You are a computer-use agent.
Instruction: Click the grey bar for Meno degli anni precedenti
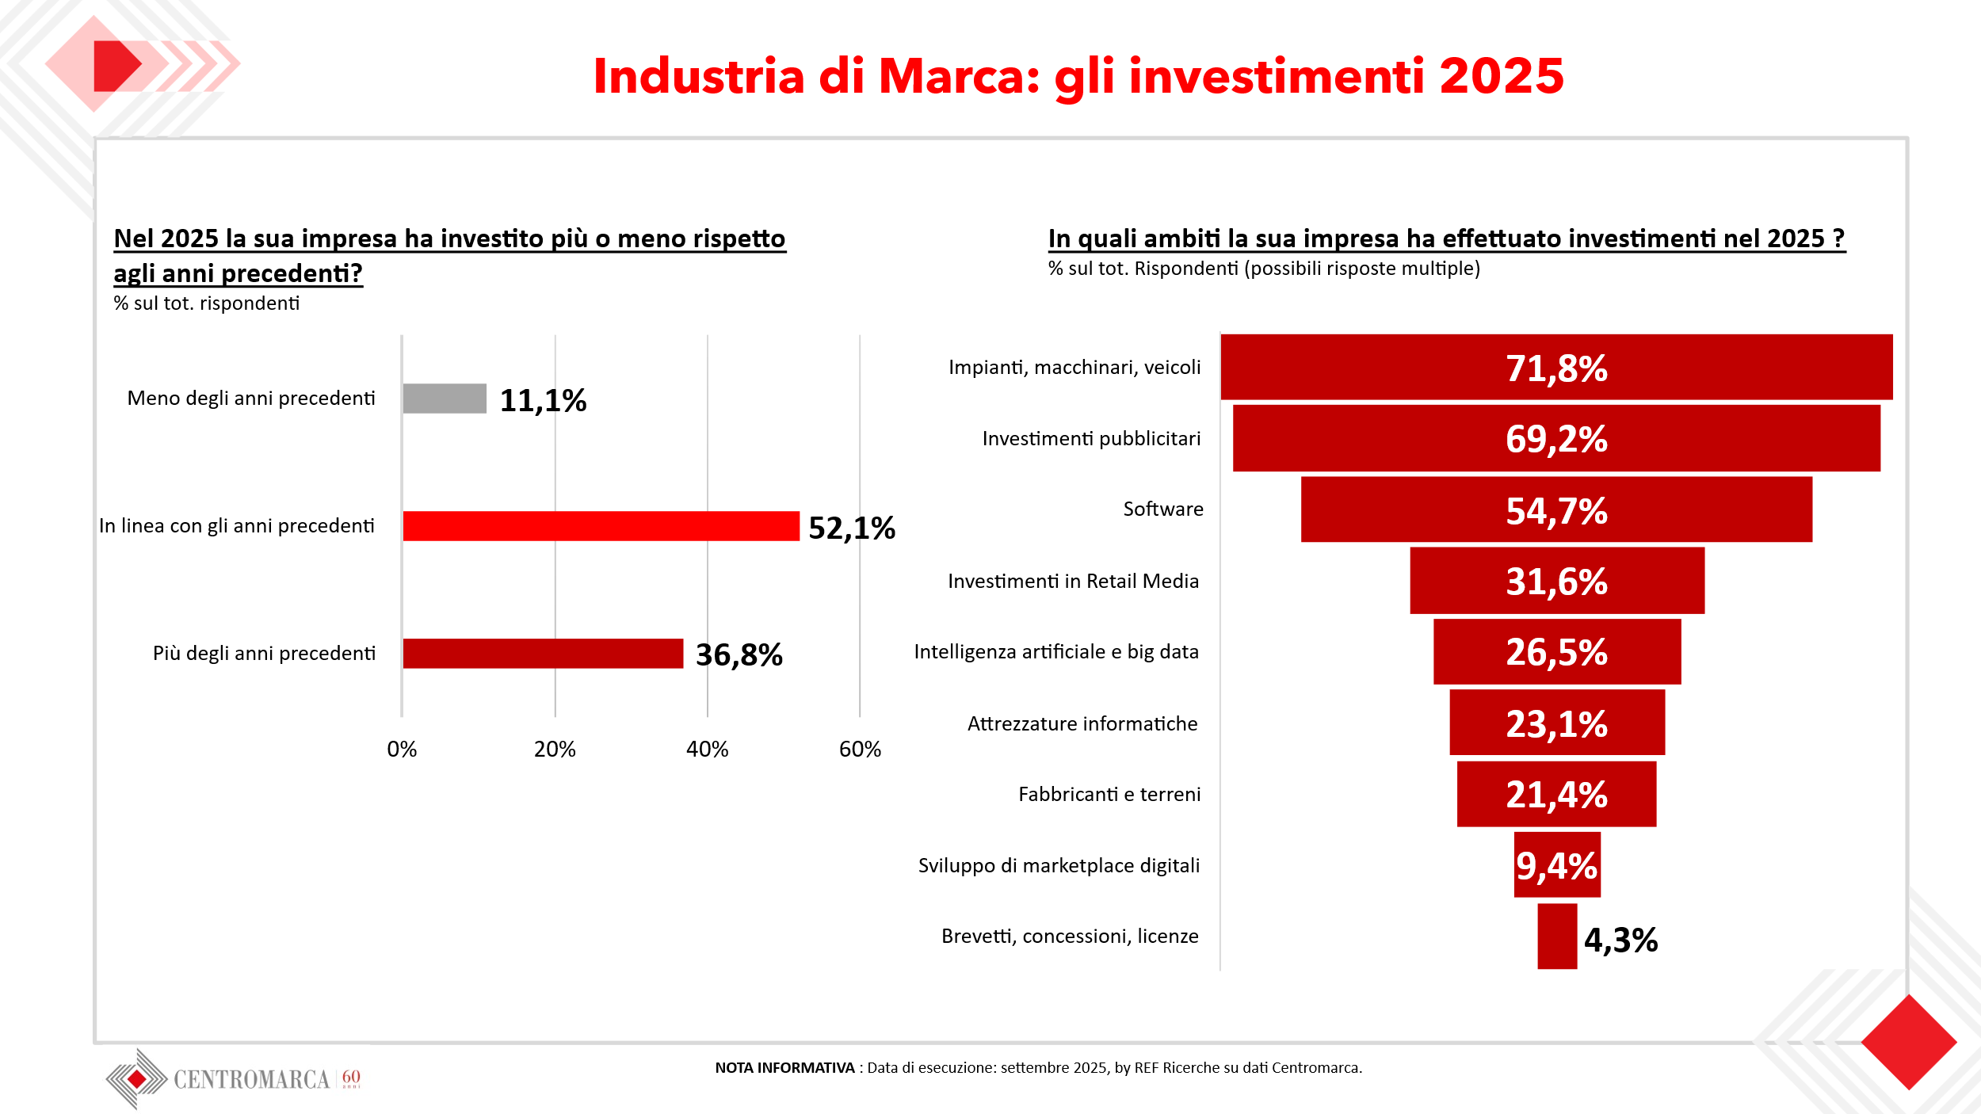[445, 399]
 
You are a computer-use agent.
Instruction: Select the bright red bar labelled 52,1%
[601, 526]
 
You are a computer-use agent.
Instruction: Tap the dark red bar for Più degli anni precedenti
[543, 654]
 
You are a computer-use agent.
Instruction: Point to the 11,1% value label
[543, 401]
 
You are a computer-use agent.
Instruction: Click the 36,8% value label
[739, 655]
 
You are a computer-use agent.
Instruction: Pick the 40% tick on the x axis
[707, 749]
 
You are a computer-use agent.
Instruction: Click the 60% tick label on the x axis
[860, 749]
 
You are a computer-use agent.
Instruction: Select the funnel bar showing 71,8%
[1556, 368]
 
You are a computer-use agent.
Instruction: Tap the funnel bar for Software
[1556, 509]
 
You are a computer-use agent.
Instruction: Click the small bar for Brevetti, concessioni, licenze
[1557, 937]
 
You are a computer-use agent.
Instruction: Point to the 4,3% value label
[1620, 940]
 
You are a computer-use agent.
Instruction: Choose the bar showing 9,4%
[1557, 865]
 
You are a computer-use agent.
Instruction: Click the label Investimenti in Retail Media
[1073, 582]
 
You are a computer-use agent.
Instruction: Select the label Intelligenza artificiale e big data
[1056, 652]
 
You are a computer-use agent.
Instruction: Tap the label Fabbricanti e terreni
[1109, 795]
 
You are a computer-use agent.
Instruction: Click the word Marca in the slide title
[959, 77]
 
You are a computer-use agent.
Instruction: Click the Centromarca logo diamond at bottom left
[137, 1079]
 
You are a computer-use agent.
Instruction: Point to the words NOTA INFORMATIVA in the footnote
[784, 1068]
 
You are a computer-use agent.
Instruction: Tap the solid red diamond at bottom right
[1909, 1043]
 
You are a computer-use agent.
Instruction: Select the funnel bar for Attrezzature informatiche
[1557, 723]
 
